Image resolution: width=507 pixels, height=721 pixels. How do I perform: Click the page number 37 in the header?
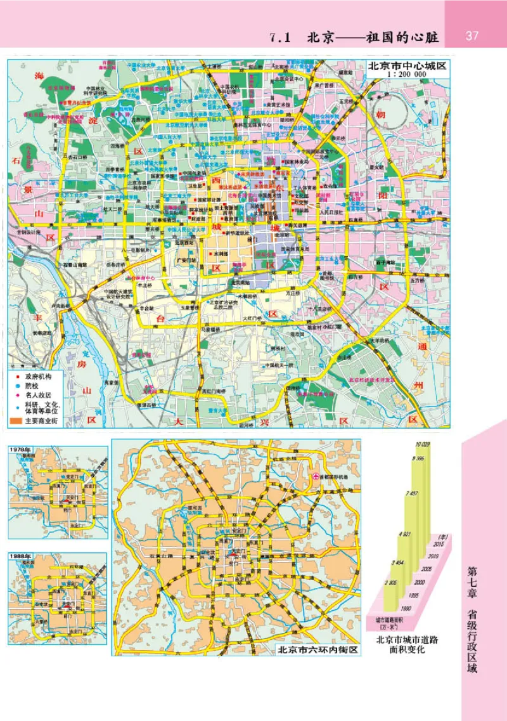(472, 36)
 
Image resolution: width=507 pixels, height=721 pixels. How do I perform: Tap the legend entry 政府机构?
(35, 375)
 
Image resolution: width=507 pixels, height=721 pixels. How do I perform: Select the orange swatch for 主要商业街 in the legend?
(15, 420)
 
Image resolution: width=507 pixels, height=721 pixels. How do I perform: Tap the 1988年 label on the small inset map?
(20, 556)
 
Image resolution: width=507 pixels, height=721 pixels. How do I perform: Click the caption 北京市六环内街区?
(317, 649)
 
